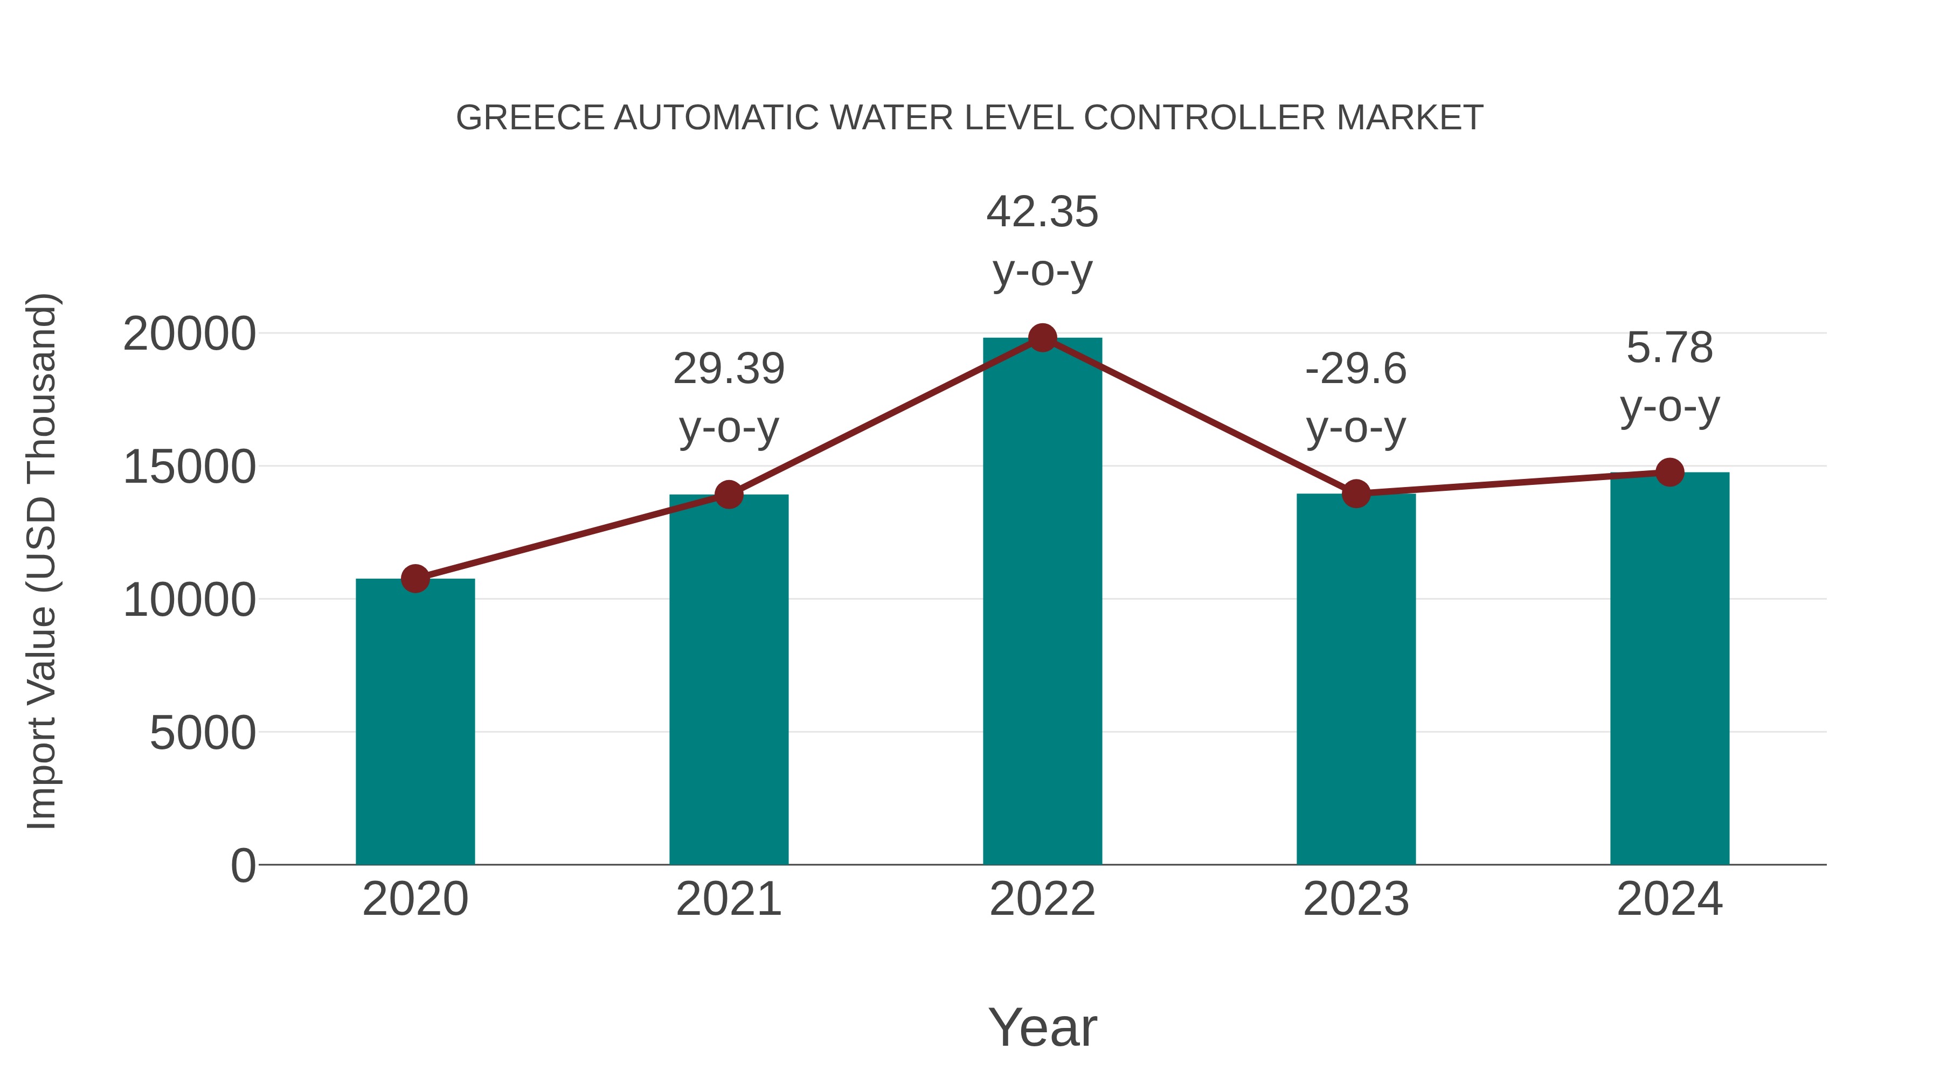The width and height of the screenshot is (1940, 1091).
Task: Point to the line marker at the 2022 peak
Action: click(1042, 338)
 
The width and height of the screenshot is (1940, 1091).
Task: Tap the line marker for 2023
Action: click(1356, 494)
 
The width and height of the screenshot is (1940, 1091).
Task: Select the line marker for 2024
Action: click(1669, 472)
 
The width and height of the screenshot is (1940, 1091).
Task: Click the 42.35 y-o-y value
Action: click(1042, 212)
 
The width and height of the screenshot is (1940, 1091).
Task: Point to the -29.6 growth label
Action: click(1356, 369)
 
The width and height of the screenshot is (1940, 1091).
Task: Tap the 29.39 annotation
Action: click(728, 369)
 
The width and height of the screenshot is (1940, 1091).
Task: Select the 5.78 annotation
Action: click(1669, 348)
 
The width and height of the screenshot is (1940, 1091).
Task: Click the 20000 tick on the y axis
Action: click(189, 333)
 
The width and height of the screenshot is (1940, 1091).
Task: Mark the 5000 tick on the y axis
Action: click(203, 733)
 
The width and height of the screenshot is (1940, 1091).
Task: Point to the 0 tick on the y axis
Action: click(243, 865)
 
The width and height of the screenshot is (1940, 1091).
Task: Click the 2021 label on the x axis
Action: click(728, 899)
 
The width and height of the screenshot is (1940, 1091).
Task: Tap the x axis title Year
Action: click(1042, 1027)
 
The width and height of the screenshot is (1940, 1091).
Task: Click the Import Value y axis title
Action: click(41, 561)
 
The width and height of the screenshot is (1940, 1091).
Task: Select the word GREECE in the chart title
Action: click(530, 117)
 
